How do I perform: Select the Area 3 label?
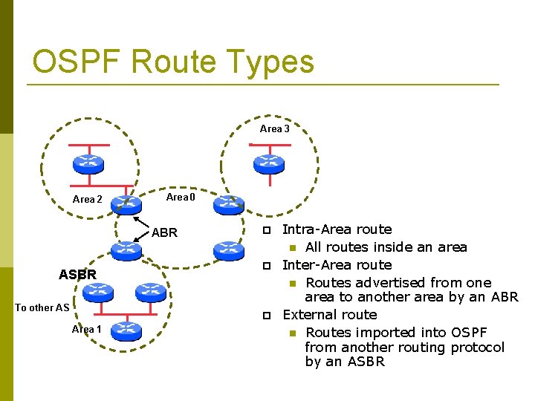274,128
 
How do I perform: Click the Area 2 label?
87,199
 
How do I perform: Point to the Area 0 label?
181,197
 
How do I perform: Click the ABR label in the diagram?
164,232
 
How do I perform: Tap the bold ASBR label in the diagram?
77,275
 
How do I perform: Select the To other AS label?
42,307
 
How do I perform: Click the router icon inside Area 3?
269,163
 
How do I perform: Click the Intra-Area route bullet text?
337,229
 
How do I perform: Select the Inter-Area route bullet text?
337,265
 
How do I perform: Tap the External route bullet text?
329,315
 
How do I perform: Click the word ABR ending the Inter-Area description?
504,297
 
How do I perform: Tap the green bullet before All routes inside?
294,248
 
